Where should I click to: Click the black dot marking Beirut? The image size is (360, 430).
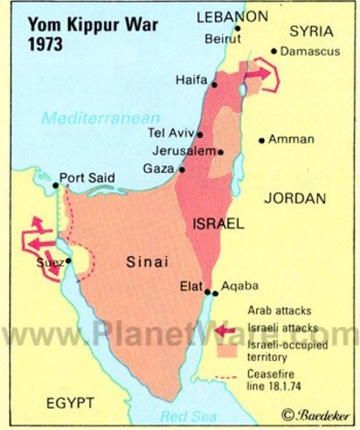(x=237, y=28)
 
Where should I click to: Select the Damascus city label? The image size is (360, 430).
(x=309, y=52)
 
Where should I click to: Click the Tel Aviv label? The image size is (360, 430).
(x=169, y=133)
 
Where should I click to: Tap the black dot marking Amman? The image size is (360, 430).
(x=261, y=140)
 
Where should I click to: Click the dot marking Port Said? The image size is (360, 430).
(x=56, y=185)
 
